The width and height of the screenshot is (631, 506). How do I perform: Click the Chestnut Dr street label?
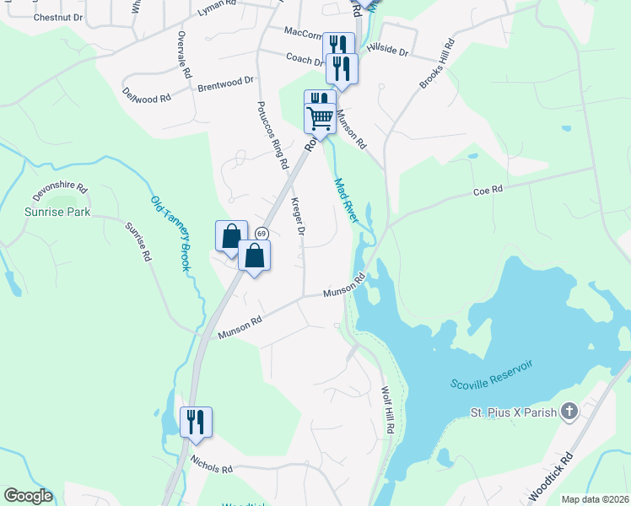(x=58, y=17)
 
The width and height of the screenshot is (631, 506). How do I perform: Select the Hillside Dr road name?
(x=390, y=52)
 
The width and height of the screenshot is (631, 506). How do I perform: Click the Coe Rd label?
(x=488, y=191)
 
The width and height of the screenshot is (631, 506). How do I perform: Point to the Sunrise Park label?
(x=57, y=213)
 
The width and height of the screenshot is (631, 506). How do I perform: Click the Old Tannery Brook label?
(x=169, y=234)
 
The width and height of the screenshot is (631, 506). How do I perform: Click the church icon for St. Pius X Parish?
(x=569, y=412)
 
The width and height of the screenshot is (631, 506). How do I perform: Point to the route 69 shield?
(x=262, y=234)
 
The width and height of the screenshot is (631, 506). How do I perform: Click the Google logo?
(x=28, y=496)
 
